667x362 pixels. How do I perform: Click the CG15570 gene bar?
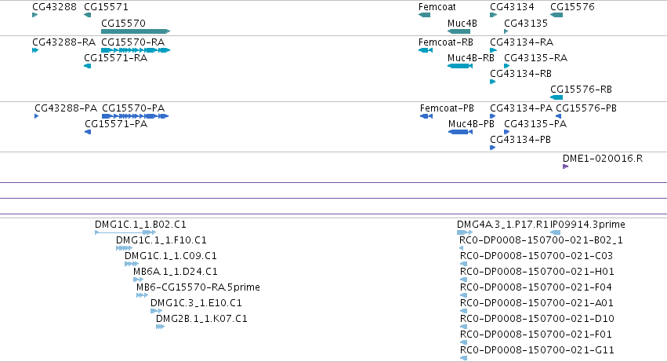coord(136,31)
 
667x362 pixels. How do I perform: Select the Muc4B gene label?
coord(462,24)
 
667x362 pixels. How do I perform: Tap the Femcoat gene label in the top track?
coord(437,7)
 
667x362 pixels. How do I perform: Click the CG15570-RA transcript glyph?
coord(136,50)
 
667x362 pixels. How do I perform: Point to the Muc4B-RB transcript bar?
coord(460,66)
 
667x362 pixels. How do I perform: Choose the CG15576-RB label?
coord(581,90)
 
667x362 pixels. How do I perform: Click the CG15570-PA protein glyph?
coord(136,116)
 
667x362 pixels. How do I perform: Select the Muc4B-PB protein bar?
coord(460,132)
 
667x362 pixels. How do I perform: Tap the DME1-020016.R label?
coord(603,159)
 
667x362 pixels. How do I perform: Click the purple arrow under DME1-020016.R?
coord(565,166)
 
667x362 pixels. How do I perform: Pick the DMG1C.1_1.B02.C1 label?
coord(140,225)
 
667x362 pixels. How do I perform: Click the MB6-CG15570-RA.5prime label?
coord(198,287)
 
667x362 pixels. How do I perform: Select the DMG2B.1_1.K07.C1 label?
coord(201,319)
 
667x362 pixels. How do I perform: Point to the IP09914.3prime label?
coord(588,225)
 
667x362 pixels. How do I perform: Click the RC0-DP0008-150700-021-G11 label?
coord(537,350)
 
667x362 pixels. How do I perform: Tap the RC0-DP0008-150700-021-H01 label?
coord(537,272)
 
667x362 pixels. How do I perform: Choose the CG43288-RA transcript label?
coord(63,42)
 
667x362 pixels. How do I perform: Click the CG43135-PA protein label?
coord(535,124)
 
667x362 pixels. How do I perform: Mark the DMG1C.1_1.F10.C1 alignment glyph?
coord(124,248)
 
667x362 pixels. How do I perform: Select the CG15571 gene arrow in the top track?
coord(88,15)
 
